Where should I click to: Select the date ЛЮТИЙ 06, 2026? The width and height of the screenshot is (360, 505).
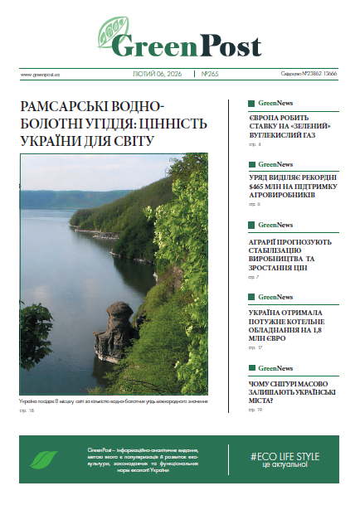[x=158, y=73]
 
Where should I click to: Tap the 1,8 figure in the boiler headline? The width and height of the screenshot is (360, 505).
[x=321, y=330]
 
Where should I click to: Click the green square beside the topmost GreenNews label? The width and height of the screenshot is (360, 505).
[x=252, y=104]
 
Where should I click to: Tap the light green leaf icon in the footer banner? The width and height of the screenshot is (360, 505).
[x=44, y=460]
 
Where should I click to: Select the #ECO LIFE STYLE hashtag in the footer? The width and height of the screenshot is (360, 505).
[x=285, y=455]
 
